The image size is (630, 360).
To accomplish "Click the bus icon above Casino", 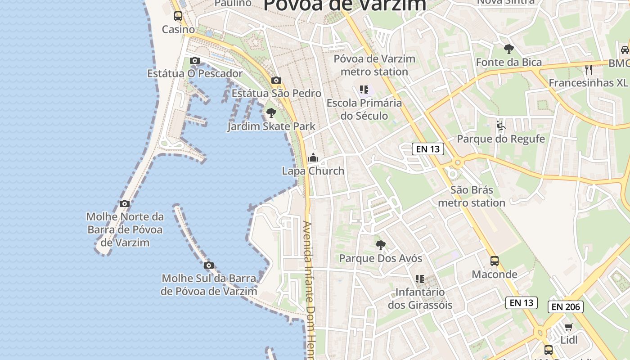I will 178,16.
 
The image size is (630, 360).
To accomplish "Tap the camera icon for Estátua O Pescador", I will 195,60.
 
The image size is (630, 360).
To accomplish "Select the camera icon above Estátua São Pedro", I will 276,81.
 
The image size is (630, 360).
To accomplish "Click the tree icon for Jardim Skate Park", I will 271,112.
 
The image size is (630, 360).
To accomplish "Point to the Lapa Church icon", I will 313,157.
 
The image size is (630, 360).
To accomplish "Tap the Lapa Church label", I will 313,171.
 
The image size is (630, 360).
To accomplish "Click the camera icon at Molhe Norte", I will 125,203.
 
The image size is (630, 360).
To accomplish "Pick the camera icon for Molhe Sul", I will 208,265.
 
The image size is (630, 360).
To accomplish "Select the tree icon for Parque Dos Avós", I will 381,245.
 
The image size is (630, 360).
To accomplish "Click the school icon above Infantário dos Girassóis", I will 420,279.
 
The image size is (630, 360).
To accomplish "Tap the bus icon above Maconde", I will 494,261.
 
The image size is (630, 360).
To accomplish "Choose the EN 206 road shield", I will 566,307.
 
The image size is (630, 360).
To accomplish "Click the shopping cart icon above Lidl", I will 569,327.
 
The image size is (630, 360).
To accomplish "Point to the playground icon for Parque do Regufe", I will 500,126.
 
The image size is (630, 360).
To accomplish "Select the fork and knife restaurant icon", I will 588,69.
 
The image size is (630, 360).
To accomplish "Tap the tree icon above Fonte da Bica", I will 509,49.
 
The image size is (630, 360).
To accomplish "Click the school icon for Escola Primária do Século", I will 364,90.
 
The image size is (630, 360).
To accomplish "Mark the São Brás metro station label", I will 472,196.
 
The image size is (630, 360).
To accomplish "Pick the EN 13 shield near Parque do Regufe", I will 427,149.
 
